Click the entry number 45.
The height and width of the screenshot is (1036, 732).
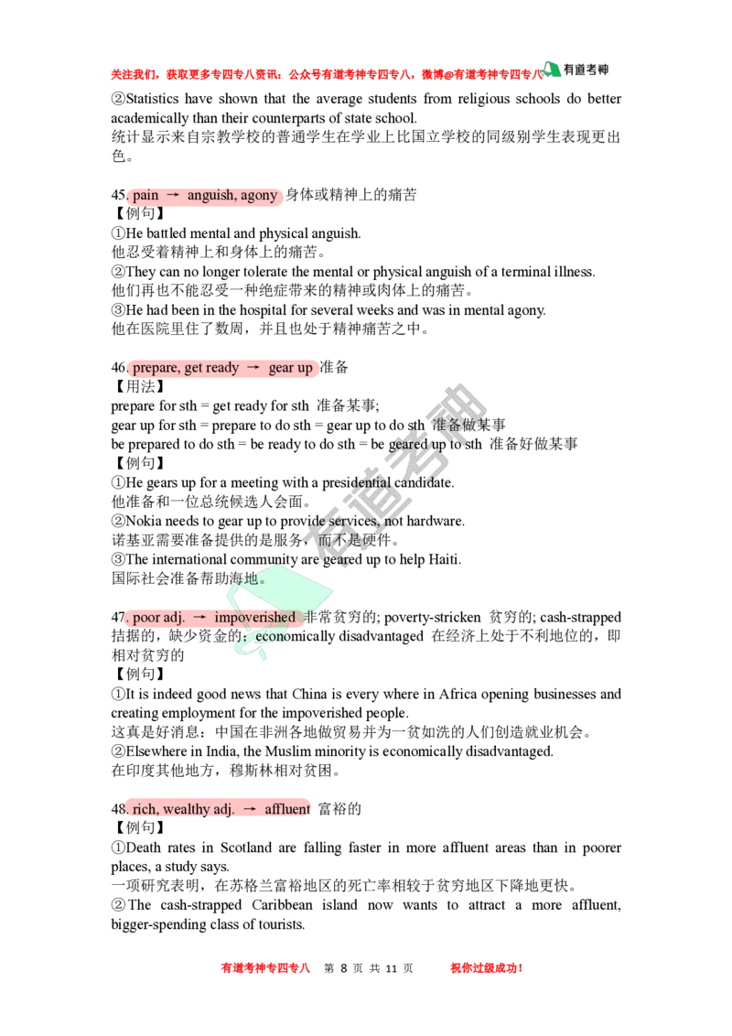tap(119, 196)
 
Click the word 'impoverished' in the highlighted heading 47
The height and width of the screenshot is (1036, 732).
tap(254, 618)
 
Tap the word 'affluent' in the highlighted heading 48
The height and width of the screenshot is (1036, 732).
tap(286, 809)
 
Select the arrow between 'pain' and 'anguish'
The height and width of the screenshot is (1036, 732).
tap(173, 196)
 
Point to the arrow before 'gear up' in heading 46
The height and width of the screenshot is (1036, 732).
tap(253, 368)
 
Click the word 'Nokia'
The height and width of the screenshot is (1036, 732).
tap(144, 522)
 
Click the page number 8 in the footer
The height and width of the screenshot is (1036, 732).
tap(343, 968)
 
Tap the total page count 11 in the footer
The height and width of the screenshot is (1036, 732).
tap(391, 968)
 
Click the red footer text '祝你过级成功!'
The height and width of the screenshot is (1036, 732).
tap(487, 968)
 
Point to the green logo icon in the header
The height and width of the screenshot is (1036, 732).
tap(551, 70)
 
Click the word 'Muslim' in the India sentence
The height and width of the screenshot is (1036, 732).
tap(288, 752)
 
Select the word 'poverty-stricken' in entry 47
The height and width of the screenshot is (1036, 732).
tap(433, 618)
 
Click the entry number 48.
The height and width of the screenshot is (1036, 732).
tap(119, 809)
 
